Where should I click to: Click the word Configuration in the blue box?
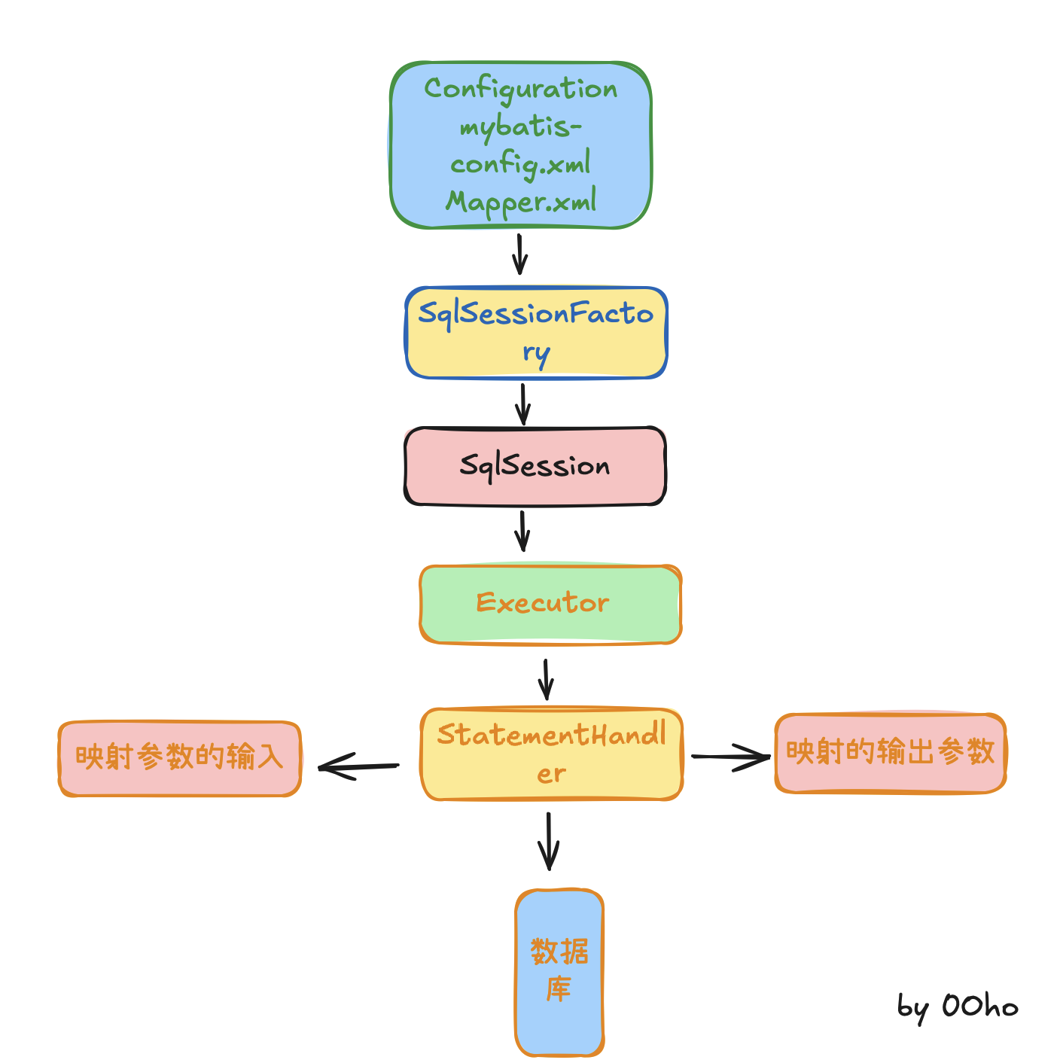point(520,90)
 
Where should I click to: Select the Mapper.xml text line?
point(521,202)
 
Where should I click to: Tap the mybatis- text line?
point(521,127)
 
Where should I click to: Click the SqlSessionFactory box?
point(536,333)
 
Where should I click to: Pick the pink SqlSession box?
point(535,466)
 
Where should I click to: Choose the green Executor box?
point(550,605)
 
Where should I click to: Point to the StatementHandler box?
point(551,754)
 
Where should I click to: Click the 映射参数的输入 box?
point(180,758)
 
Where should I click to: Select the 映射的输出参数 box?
point(890,753)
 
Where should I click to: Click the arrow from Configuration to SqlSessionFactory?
point(519,254)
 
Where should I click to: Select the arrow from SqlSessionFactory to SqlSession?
point(523,404)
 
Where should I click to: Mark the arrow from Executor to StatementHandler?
point(546,680)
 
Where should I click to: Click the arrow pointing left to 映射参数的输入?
point(358,767)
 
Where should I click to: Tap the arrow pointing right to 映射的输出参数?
point(730,757)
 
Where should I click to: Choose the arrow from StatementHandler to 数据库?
point(548,841)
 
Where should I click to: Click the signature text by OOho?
point(957,1007)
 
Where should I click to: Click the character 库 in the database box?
point(559,989)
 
